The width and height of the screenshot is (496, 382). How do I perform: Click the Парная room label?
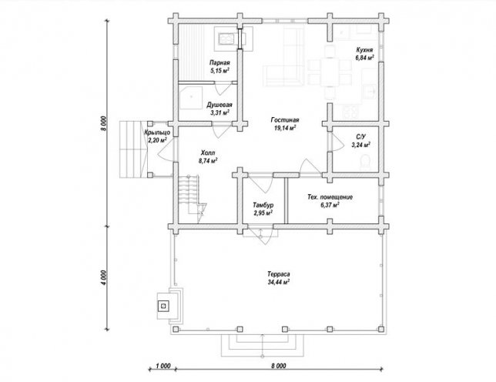[x=220, y=62]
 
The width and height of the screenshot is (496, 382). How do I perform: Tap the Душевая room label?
[x=220, y=105]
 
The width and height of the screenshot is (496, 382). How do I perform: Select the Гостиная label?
[x=285, y=120]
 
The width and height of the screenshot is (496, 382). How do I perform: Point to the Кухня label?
[x=364, y=50]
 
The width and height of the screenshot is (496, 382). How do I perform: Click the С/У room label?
[x=360, y=137]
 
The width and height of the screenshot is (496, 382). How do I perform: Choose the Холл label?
[x=208, y=152]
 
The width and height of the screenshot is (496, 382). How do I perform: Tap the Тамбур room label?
[x=263, y=205]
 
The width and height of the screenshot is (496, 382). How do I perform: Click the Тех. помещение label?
[x=330, y=197]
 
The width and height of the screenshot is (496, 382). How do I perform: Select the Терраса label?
[x=278, y=274]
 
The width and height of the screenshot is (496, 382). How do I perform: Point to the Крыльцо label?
[x=157, y=132]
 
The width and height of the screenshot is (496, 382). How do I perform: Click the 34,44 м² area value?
[x=279, y=282]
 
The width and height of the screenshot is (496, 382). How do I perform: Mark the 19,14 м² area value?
[x=284, y=128]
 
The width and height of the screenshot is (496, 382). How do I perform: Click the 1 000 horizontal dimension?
[x=163, y=366]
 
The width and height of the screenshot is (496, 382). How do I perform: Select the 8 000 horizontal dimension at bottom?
[x=278, y=366]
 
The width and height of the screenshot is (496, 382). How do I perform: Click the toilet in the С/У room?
[x=366, y=162]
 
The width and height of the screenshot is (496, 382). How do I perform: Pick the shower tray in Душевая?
[x=190, y=97]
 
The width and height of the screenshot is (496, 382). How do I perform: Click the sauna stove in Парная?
[x=226, y=39]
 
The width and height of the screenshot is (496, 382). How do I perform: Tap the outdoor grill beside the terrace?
[x=169, y=306]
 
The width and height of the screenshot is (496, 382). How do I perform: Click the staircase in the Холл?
[x=191, y=199]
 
